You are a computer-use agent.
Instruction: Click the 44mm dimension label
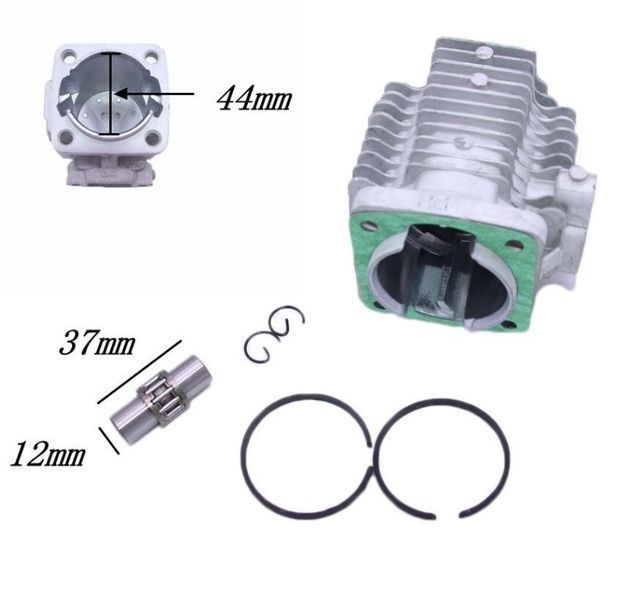pos(254,98)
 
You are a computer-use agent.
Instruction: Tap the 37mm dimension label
pos(97,343)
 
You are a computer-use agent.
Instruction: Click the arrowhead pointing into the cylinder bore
pos(122,94)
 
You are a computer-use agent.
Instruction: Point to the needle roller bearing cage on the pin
pos(162,394)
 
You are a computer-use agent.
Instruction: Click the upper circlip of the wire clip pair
pos(287,322)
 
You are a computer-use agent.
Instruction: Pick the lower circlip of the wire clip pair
pos(258,347)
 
